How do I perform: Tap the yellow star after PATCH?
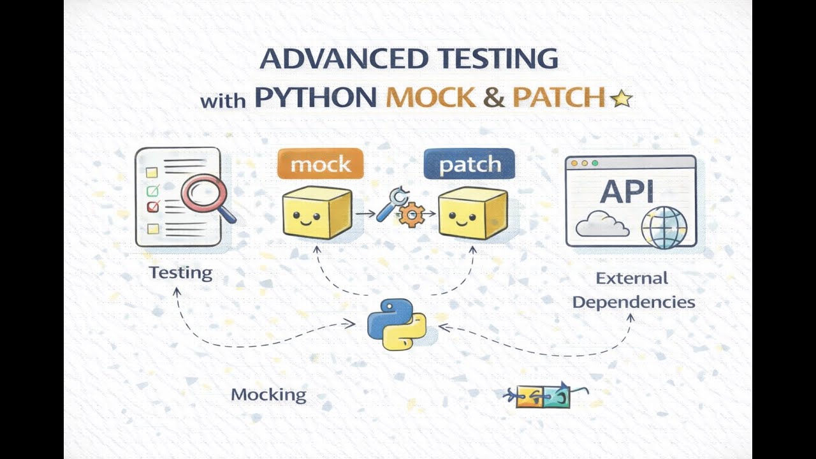coord(621,98)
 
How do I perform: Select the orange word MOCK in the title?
coord(431,97)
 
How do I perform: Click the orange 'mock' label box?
coord(320,164)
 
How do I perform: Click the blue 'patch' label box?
coord(469,164)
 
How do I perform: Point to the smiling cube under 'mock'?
coord(317,213)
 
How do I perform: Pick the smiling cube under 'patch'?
coord(472,214)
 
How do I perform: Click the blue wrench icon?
coord(390,204)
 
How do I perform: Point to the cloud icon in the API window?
coord(602,224)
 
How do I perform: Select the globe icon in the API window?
coord(664,227)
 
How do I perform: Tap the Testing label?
coord(180,273)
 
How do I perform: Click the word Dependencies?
coord(633,302)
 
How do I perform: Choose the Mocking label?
coord(268,395)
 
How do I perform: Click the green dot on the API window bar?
coord(595,163)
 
